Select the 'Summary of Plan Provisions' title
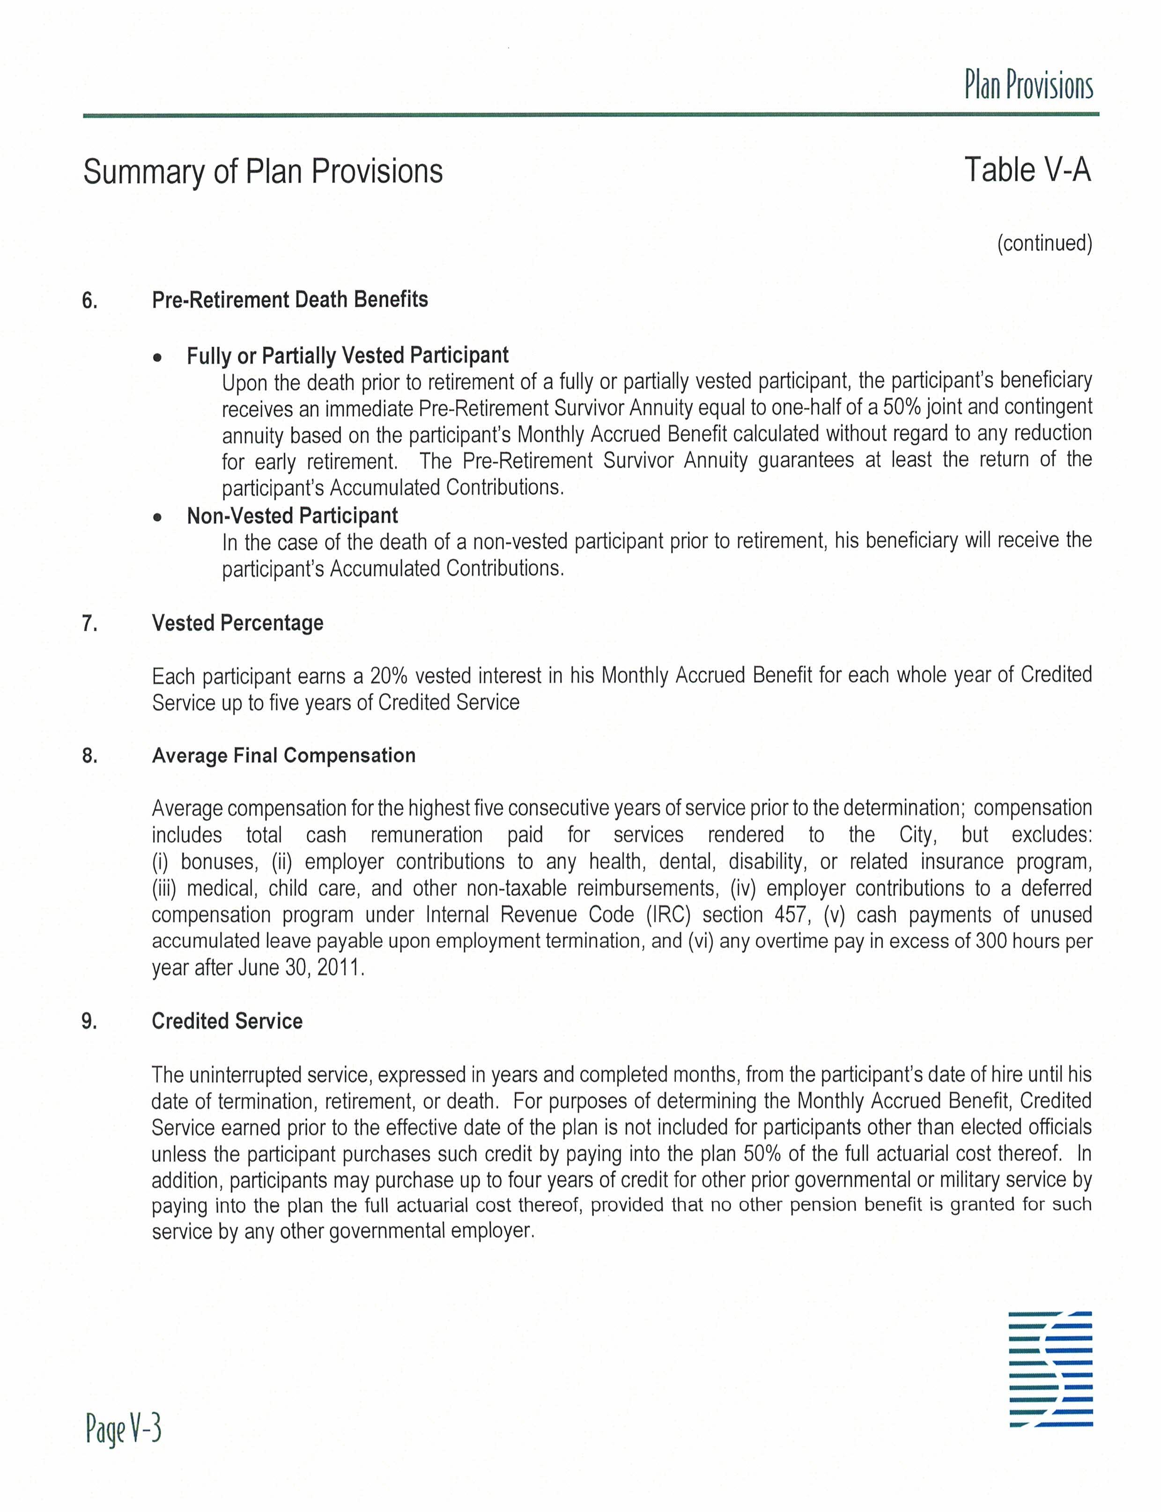(x=263, y=171)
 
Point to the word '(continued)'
(x=1044, y=243)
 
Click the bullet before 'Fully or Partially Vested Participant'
(x=158, y=358)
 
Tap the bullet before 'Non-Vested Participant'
(x=158, y=517)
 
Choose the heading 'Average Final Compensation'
(x=283, y=755)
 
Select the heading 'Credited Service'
(x=227, y=1021)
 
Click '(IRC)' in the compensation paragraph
(x=668, y=915)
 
